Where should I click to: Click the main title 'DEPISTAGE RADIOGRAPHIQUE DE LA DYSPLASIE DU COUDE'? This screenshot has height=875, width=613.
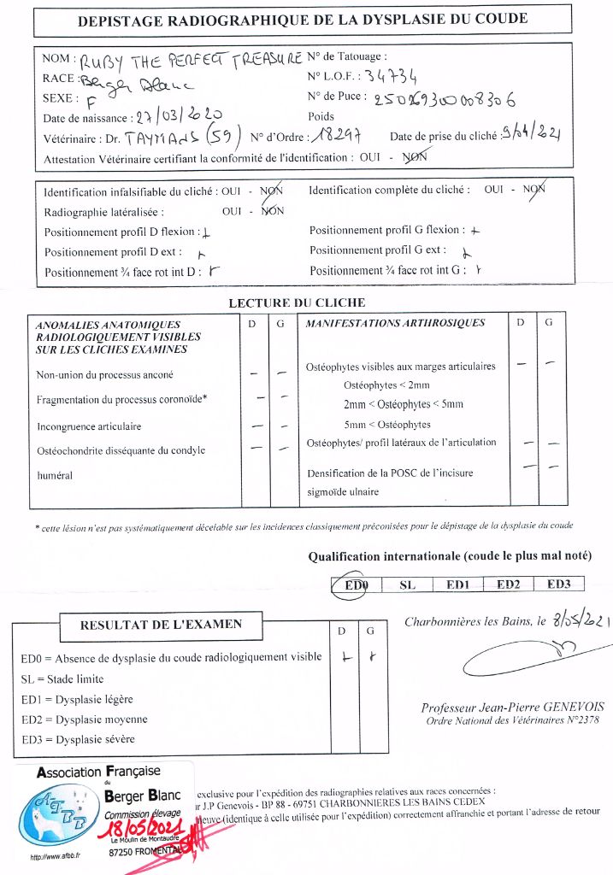303,19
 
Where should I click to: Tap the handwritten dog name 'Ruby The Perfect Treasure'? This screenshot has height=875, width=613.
192,60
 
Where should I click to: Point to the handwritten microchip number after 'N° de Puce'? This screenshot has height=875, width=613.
445,99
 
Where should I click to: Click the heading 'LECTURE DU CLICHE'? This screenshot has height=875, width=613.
297,302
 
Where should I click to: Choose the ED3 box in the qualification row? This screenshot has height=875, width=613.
558,584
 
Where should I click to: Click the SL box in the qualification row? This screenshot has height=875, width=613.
407,584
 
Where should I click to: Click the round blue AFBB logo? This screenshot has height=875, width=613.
59,814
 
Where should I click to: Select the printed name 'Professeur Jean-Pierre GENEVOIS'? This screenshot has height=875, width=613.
512,708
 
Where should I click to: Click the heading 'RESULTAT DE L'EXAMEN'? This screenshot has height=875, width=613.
161,625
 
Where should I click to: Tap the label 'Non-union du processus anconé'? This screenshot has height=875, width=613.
105,375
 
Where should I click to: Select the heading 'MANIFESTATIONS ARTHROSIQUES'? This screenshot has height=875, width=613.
395,323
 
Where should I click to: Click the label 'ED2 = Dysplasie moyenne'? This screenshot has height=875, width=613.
84,719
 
